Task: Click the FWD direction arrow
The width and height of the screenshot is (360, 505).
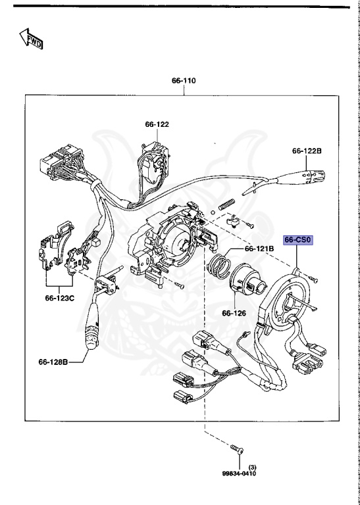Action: pyautogui.click(x=32, y=38)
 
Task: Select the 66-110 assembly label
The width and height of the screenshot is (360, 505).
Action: pyautogui.click(x=184, y=80)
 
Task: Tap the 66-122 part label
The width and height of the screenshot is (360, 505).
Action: pyautogui.click(x=157, y=124)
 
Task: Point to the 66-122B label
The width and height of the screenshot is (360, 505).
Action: pyautogui.click(x=307, y=151)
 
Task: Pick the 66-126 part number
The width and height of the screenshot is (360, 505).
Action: pyautogui.click(x=234, y=313)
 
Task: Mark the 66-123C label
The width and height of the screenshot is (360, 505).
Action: pyautogui.click(x=60, y=299)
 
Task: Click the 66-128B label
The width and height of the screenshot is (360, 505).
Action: pyautogui.click(x=53, y=362)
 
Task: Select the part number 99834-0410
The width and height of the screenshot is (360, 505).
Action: pyautogui.click(x=239, y=473)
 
